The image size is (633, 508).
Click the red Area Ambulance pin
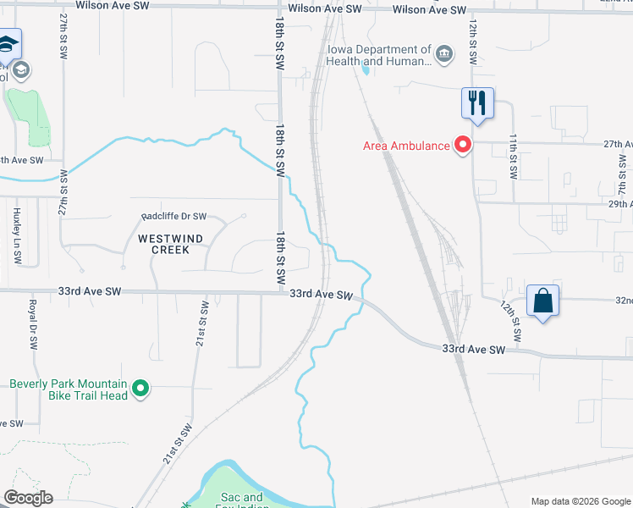point(462,145)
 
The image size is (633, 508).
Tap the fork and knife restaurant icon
point(477,104)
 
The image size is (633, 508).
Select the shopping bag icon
point(542,301)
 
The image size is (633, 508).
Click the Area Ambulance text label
point(406,146)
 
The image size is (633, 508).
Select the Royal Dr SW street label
point(33,325)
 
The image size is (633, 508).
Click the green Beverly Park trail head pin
point(140,389)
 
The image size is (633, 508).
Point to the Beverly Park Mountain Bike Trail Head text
point(69,389)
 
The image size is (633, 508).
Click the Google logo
point(27,498)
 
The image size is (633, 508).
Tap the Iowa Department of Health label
point(394,56)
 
